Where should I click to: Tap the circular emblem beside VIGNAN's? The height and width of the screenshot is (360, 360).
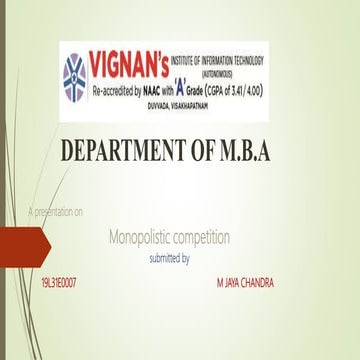[x=74, y=76]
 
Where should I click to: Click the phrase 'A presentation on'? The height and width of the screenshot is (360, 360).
[x=56, y=211]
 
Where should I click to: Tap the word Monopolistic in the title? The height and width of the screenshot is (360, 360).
[x=148, y=237]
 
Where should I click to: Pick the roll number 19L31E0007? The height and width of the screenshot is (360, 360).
[x=59, y=283]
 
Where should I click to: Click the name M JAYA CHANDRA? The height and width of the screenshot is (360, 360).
[x=245, y=283]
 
